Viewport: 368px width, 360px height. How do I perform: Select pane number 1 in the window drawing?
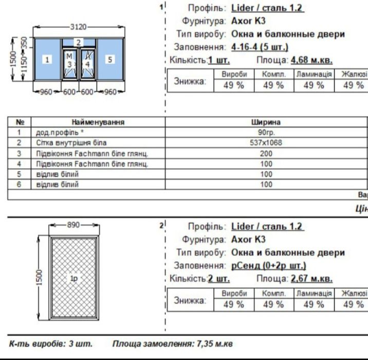[47, 60]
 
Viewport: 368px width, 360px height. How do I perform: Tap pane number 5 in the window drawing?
[109, 60]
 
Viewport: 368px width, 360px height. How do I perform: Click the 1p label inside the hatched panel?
[74, 278]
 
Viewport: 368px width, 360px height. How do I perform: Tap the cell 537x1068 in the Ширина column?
[266, 142]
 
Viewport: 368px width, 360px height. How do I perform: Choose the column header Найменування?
[98, 122]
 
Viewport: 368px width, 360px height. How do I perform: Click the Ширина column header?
[266, 122]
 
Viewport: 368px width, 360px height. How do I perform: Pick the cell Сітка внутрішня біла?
[71, 142]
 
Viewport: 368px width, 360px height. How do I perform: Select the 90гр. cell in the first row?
[266, 133]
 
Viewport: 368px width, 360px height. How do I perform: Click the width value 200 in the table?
[266, 153]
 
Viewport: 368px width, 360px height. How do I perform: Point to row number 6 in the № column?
[20, 184]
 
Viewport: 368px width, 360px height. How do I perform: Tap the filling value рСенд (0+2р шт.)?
[269, 266]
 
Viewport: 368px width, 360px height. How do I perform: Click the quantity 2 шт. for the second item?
[218, 279]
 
